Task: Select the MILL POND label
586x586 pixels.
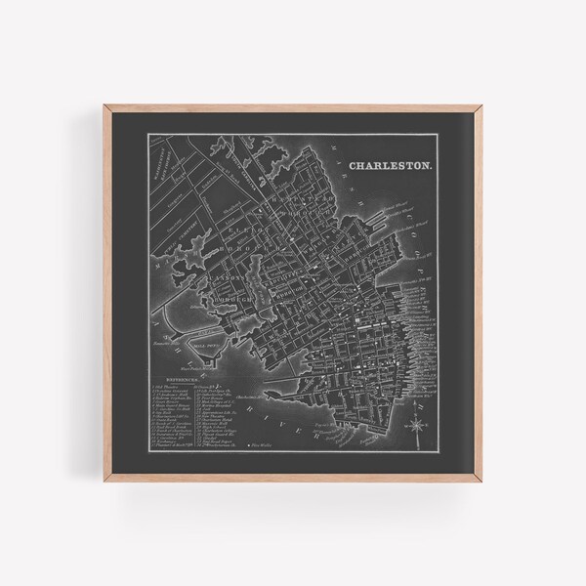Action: [x=206, y=343]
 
